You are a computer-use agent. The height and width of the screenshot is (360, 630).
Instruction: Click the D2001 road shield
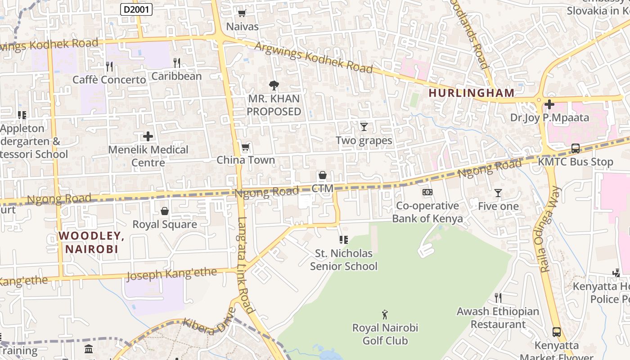coord(136,9)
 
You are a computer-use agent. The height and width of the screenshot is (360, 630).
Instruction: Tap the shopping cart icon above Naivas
coord(242,13)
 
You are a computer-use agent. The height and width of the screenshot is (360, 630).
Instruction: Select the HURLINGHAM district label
coord(471,93)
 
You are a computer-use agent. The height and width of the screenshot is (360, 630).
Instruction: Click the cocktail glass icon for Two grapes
coord(364,127)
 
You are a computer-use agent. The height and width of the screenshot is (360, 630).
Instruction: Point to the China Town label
coord(246,160)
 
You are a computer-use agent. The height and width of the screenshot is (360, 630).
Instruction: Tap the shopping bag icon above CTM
coord(322,175)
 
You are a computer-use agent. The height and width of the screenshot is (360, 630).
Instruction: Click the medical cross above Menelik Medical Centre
coord(148,136)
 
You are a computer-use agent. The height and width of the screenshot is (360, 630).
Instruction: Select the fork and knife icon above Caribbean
coord(177,63)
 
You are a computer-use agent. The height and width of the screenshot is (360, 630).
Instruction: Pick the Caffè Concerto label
coord(109,80)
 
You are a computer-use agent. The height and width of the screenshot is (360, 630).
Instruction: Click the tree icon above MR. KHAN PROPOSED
coord(274,85)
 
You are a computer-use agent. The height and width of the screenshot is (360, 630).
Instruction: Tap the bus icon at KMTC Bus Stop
coord(575,148)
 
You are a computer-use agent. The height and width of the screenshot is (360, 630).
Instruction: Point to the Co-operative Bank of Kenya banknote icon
coord(427,192)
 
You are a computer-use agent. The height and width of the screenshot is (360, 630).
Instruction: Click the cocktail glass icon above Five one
coord(498,193)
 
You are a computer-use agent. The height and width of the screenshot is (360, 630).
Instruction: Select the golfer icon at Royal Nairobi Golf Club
coord(385,314)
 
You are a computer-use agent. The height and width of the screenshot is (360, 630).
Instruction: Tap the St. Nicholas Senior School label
coord(344,260)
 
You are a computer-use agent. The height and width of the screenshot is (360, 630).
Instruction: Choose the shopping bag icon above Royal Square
coord(165,211)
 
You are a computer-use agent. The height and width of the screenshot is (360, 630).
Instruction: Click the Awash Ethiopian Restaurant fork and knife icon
coord(498,297)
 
